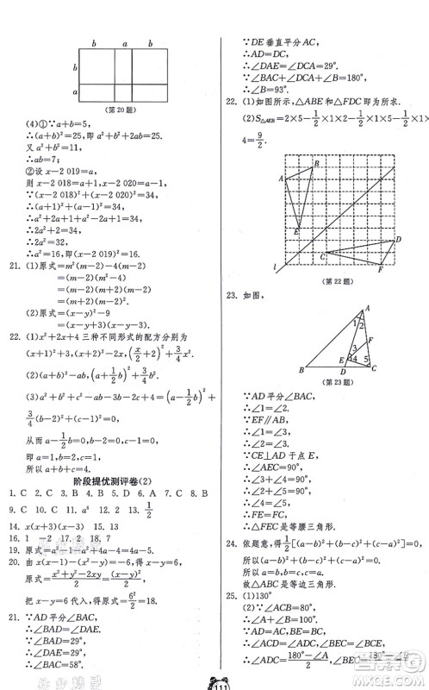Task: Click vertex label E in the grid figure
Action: point(296,231)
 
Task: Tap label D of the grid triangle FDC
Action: point(397,240)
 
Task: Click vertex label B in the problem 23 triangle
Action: point(301,370)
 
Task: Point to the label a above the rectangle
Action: point(124,43)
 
